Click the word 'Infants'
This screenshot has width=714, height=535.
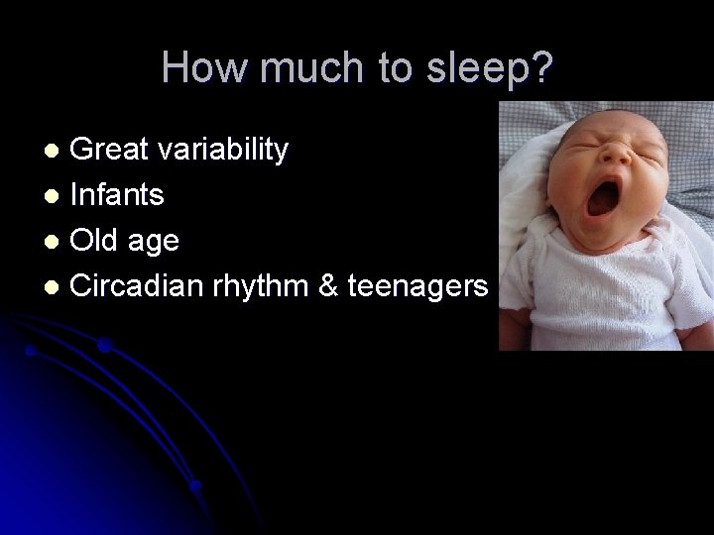[117, 196]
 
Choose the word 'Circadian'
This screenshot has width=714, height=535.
[139, 287]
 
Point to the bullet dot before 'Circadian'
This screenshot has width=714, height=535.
[56, 288]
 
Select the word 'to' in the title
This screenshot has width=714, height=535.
[393, 68]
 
